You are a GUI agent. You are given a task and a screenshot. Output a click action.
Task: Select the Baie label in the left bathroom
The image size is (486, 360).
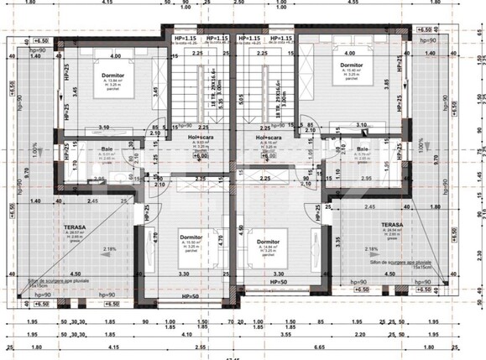(107, 149)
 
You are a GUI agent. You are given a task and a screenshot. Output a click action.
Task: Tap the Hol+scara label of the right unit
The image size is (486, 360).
(270, 136)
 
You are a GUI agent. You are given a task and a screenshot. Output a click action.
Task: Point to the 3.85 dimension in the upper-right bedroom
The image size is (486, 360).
(387, 85)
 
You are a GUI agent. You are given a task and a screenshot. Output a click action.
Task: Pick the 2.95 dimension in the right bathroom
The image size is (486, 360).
(366, 178)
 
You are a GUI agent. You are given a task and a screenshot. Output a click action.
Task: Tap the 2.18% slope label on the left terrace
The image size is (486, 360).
(86, 249)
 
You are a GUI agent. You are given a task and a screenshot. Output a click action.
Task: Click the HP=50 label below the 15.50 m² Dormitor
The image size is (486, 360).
(191, 296)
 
